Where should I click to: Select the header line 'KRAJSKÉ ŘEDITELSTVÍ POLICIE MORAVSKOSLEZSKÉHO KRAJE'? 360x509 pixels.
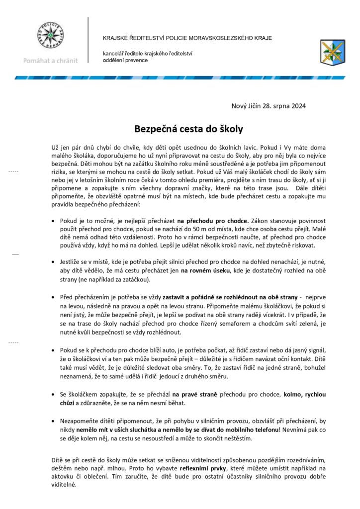coord(187,38)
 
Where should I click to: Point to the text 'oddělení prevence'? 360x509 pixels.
coord(125,60)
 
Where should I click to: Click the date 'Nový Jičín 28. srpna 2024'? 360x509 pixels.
coord(269,106)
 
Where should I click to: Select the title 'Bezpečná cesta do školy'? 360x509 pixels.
coord(188,129)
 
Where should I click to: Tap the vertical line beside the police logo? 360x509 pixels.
coord(88,40)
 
